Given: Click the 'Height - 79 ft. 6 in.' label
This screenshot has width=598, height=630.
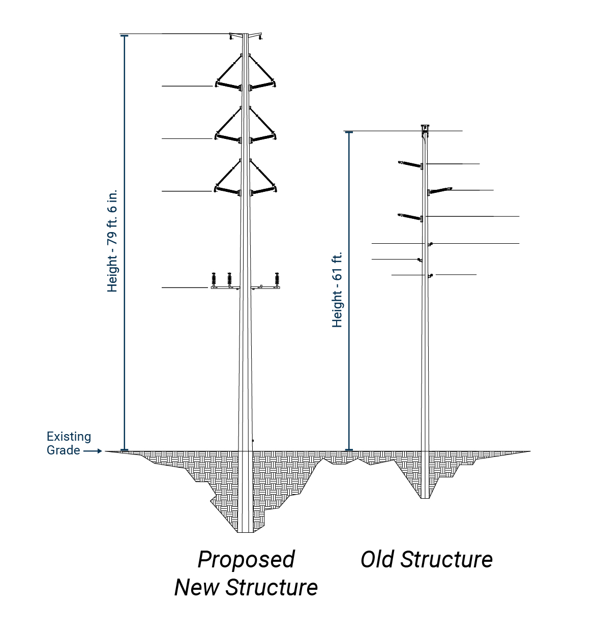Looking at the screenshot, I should pos(112,241).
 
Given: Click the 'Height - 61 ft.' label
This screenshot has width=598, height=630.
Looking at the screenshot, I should pos(337,289).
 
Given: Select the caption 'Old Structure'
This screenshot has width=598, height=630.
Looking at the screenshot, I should pos(426,559).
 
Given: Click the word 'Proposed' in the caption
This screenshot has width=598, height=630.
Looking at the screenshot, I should pos(246,559).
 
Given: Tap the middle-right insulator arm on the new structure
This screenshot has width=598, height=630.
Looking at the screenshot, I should pos(263,137).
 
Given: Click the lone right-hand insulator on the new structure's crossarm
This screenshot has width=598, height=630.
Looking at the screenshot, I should pos(277,280).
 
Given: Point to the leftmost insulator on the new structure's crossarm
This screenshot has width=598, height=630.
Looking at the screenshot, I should pos(214,280).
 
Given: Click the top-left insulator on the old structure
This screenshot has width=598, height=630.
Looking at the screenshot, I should pos(409,164).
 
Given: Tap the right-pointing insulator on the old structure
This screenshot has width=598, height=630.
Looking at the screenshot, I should pos(441,191).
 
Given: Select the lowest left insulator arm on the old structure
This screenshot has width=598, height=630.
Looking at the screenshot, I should pos(409,217).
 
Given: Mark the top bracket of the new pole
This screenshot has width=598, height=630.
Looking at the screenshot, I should pos(246,36).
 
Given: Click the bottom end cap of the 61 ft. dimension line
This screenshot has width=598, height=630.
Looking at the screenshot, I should pos(349,450).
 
